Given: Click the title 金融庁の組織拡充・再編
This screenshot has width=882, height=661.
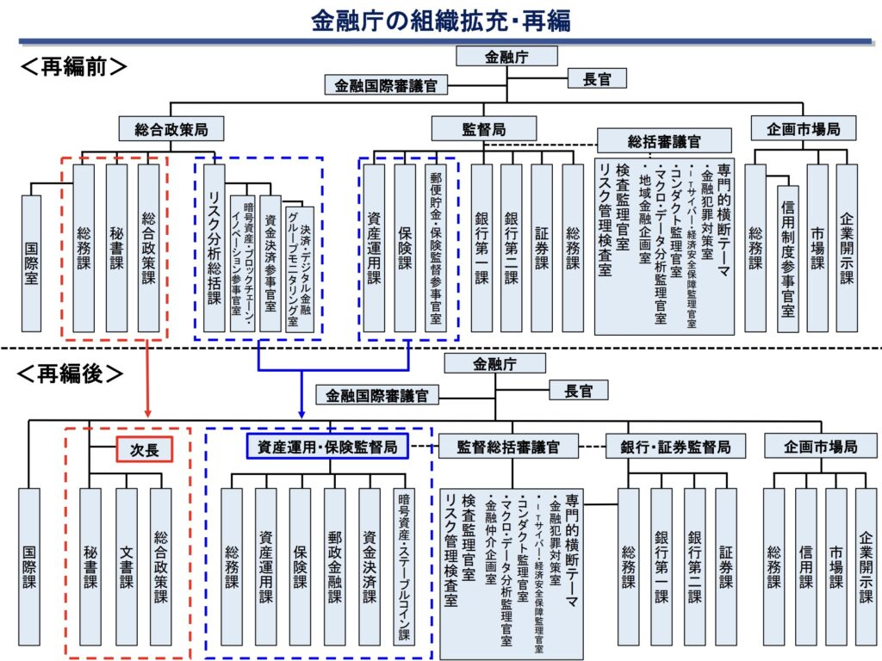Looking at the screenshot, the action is (441, 21).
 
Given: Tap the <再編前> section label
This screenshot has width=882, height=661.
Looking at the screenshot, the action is (74, 67).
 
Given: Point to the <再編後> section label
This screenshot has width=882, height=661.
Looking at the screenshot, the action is (71, 374).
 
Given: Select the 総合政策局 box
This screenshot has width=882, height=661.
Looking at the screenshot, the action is (171, 129).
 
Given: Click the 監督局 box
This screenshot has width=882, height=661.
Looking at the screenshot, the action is (484, 129).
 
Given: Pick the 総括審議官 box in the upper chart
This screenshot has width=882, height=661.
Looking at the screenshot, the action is (664, 140).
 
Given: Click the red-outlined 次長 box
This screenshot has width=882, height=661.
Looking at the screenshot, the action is (145, 449).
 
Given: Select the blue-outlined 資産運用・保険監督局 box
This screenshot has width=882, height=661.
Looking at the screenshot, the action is (327, 447).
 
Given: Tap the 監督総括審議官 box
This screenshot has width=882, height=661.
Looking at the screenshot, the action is (508, 447).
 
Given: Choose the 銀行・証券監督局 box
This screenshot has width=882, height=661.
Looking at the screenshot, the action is (675, 447).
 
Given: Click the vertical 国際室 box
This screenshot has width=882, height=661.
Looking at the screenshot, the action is (32, 263).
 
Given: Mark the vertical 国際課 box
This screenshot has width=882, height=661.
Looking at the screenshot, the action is (29, 566).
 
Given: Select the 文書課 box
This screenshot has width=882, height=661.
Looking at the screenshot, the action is (127, 566).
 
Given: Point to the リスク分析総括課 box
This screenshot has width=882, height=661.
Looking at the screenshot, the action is (214, 248).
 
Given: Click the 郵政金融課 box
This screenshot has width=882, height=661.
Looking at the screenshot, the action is (335, 566).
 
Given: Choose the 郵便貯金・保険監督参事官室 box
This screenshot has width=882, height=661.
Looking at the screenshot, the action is (435, 248).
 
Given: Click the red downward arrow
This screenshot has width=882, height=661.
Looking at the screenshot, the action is (148, 379).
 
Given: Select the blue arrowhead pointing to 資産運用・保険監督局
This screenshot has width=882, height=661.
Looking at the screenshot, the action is (301, 414).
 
